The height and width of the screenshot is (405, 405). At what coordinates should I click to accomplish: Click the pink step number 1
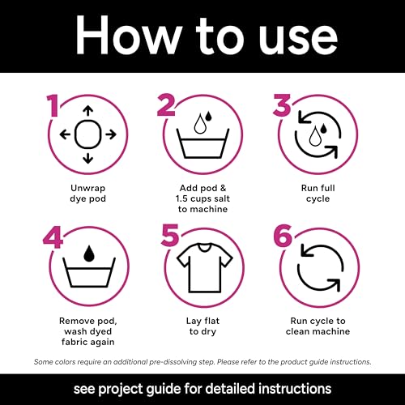point(53,105)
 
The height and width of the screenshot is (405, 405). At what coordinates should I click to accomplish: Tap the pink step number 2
point(166,105)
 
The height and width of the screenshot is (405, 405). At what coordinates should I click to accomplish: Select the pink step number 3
point(282,105)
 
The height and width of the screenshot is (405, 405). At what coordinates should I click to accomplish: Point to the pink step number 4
point(53,237)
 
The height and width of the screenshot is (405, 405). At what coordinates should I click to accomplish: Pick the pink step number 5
point(170,236)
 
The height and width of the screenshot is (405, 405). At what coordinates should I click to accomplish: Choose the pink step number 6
point(283,236)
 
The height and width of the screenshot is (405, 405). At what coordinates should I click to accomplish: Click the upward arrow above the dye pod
point(87,111)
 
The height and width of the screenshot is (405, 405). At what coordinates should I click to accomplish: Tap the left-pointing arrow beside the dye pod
point(65,134)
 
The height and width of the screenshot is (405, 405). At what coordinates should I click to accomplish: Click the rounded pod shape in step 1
point(87,134)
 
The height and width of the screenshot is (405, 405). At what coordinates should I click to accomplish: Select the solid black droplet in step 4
point(89,254)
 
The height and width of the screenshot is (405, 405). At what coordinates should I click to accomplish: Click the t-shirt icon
point(204,267)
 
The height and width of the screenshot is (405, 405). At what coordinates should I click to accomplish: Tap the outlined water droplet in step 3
point(314,137)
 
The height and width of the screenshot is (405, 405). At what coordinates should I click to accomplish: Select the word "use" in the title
point(298,40)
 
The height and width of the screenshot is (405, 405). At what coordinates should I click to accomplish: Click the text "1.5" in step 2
point(181,198)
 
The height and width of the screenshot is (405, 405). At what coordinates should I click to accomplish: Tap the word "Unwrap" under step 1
point(87,189)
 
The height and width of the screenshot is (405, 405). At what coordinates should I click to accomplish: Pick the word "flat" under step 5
point(211,321)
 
